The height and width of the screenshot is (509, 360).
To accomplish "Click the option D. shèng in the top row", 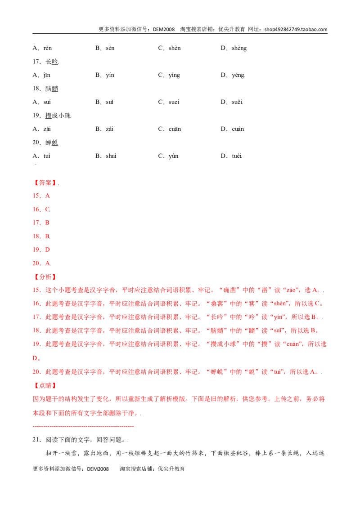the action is (234, 48).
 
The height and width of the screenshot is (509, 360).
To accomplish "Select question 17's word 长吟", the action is (52, 62).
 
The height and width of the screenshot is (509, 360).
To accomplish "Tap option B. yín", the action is (105, 75).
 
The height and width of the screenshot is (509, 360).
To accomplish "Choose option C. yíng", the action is (169, 75).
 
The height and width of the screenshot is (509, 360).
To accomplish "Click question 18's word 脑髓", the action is (52, 89).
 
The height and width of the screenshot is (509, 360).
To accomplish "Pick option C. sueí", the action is (169, 102).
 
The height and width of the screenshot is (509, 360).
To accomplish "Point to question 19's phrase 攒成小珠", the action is (58, 116).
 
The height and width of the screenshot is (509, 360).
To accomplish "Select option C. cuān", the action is (170, 129).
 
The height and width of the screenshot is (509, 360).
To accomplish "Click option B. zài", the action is (104, 129).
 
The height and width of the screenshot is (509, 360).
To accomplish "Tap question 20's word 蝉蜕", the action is (52, 143).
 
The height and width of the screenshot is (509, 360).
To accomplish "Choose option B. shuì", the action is (106, 156).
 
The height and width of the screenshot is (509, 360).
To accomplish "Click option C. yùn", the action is (168, 156).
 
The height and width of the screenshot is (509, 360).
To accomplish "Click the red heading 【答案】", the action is (45, 183).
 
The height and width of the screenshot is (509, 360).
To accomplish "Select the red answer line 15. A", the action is (41, 196).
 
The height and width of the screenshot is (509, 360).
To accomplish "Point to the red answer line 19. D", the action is (41, 250).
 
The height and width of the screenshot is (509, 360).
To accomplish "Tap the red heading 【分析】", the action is (45, 277).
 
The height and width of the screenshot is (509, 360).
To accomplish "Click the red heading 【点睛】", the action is (45, 386).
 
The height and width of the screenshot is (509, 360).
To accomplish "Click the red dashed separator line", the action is (83, 427).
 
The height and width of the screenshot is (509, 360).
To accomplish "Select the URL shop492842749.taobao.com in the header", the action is (296, 29).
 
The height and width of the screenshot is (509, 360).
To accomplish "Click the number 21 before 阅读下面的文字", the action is (36, 440).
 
